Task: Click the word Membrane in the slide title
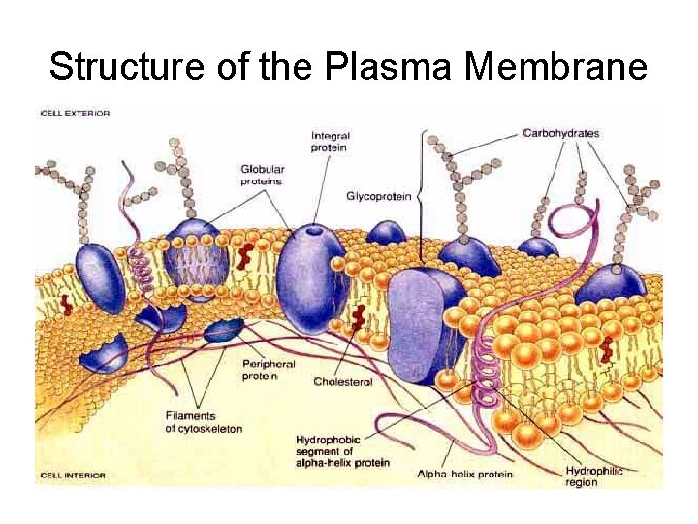point(555,67)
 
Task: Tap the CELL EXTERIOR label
point(76,114)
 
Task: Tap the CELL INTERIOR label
point(74,475)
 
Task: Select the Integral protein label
point(330,142)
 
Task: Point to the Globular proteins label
point(262,175)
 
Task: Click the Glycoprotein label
point(378,197)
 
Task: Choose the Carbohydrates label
point(560,133)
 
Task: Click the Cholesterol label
point(342,382)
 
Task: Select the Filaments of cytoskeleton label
point(203,423)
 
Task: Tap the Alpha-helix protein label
point(464,475)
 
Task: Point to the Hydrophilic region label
point(593,476)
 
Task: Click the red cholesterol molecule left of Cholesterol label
point(359,317)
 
